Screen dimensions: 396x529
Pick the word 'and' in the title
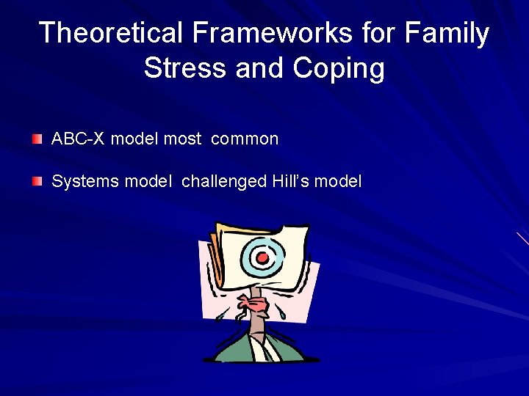point(260,68)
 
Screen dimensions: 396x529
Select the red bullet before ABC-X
point(37,138)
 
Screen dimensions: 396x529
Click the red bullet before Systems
point(37,180)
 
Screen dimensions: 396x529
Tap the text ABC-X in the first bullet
point(79,139)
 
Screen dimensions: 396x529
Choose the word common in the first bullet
point(245,139)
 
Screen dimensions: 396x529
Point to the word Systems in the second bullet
point(85,181)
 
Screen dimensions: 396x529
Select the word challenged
point(223,181)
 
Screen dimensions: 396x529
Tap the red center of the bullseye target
point(262,257)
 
